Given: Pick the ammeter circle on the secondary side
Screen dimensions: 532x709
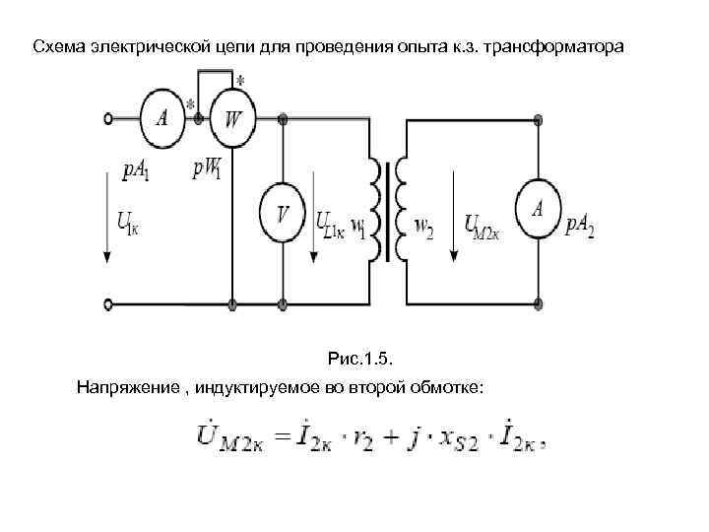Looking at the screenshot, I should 538,211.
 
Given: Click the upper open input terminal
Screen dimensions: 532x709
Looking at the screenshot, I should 108,119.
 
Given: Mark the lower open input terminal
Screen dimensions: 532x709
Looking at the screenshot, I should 108,302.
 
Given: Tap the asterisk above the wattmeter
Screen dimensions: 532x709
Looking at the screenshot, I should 240,81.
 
